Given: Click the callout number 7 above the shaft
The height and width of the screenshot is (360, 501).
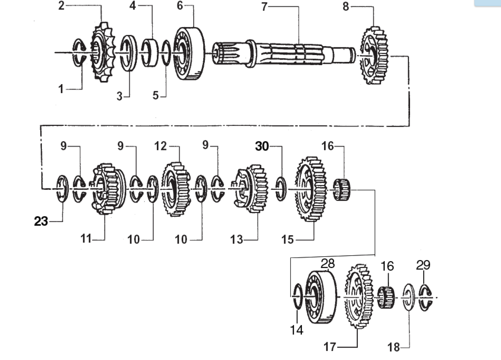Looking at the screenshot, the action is click(264, 7).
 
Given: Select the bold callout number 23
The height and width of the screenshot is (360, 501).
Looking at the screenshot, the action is click(41, 221).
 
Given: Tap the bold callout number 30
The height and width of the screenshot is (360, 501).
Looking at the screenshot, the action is click(262, 146).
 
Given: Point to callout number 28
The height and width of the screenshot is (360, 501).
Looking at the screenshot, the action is click(328, 264).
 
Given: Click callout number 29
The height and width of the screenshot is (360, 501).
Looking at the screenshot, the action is click(423, 265).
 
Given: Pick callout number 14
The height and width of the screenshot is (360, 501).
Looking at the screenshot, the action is click(297, 330).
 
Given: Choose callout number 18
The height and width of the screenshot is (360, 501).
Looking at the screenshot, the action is click(393, 348).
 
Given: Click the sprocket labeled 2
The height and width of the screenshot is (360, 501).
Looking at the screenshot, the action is click(103, 52).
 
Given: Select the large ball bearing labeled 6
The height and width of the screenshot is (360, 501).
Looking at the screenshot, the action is click(189, 53).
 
